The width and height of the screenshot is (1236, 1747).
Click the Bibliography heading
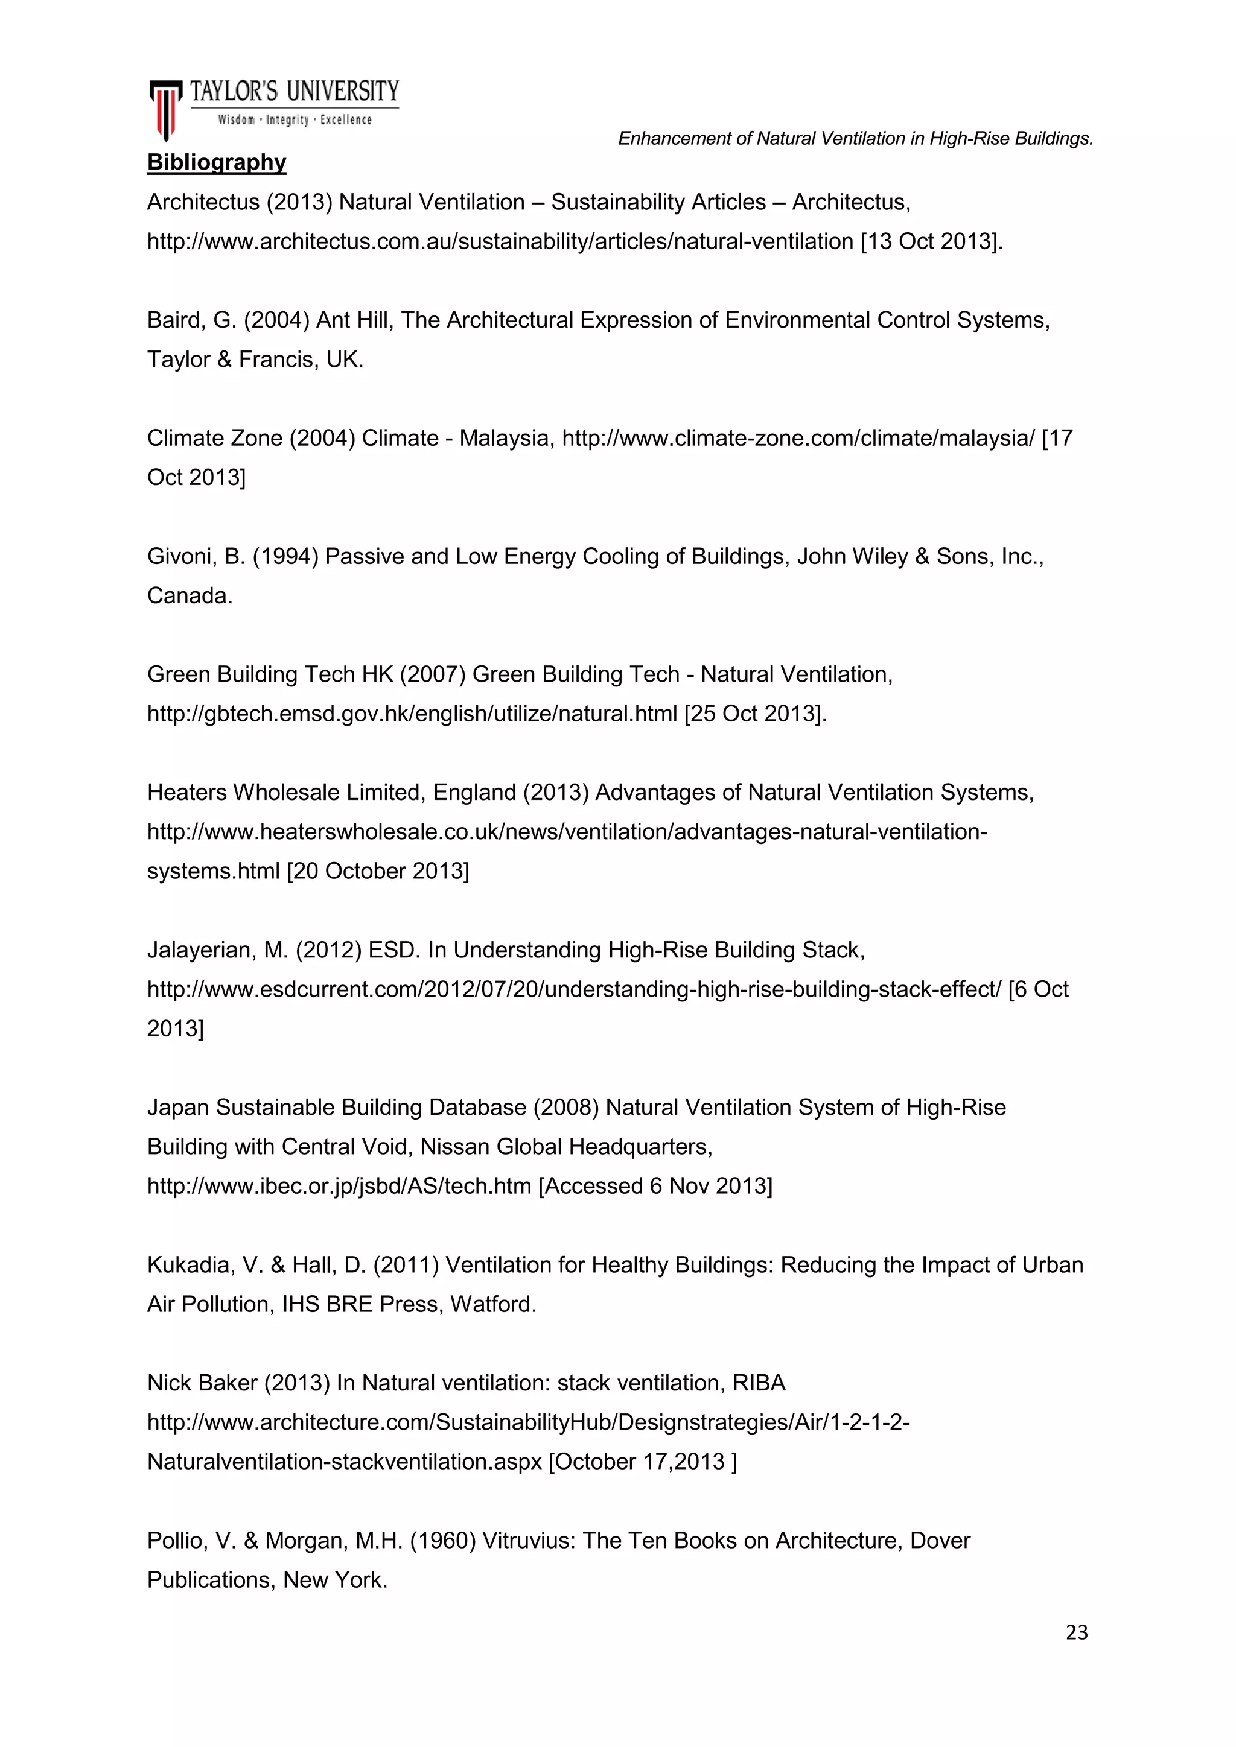click(x=216, y=162)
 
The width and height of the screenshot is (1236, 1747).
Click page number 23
click(x=1076, y=1633)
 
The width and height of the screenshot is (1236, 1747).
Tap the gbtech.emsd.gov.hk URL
click(x=412, y=714)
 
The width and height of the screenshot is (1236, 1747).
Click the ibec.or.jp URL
click(x=339, y=1186)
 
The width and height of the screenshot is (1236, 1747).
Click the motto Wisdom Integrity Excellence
click(x=295, y=120)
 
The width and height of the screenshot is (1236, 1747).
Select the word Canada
click(x=190, y=596)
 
